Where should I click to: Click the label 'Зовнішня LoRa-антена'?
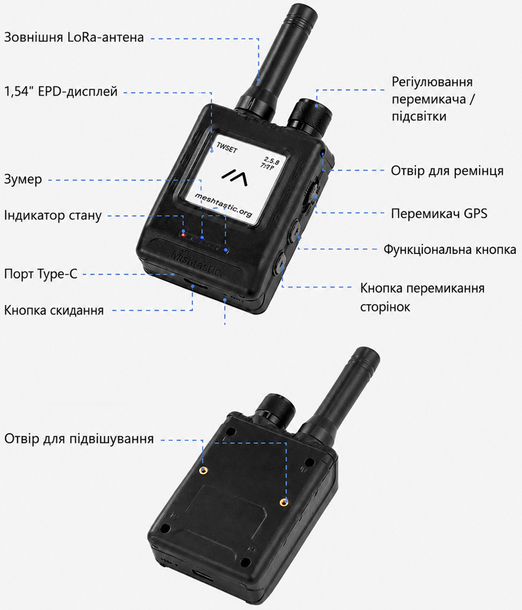tap(74, 37)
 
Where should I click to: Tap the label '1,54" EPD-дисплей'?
tap(61, 91)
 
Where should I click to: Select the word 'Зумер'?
tap(23, 179)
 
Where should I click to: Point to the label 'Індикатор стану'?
tap(53, 215)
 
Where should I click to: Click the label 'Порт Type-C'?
tap(41, 274)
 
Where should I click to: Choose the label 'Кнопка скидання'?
tap(54, 311)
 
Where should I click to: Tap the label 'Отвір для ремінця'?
tap(448, 171)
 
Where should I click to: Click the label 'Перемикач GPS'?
tap(439, 213)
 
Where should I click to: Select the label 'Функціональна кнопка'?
tap(450, 249)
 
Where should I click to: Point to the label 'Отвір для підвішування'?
tap(79, 439)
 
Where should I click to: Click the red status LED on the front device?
tap(183, 235)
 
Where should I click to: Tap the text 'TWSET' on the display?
tap(227, 148)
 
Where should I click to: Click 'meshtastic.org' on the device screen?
tap(223, 205)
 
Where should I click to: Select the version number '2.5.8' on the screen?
tap(271, 159)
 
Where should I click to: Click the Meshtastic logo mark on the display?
tap(235, 177)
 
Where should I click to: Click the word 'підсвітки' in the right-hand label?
tap(419, 116)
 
